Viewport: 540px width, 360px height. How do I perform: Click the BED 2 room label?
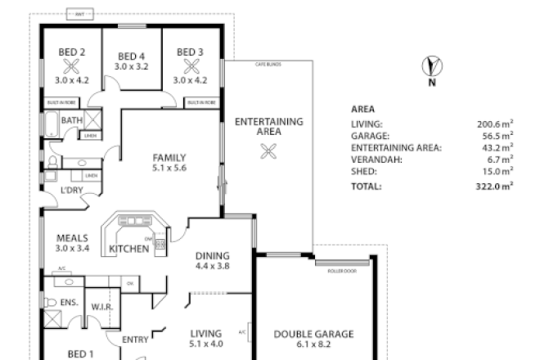[x=67, y=52]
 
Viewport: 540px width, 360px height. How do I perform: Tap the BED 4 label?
[x=131, y=56]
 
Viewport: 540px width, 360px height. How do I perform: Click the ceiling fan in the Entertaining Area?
[x=266, y=150]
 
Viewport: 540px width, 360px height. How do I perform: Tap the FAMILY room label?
[x=169, y=157]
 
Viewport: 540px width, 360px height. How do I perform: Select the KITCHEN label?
[x=129, y=248]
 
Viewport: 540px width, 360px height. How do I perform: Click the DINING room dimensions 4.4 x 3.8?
[x=212, y=266]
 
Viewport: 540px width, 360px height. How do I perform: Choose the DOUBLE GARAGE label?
[x=313, y=334]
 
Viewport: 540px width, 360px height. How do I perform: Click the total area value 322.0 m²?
[x=495, y=187]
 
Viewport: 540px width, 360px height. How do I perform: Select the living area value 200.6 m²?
[x=495, y=124]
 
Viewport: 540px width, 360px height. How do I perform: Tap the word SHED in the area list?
[x=363, y=172]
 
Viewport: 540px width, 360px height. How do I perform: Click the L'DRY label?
[x=61, y=191]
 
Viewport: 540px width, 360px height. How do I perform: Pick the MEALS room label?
[x=72, y=237]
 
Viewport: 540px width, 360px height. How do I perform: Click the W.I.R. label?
[x=101, y=307]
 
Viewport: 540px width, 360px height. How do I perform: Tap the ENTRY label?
[x=134, y=339]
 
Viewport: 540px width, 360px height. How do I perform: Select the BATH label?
[x=71, y=121]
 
